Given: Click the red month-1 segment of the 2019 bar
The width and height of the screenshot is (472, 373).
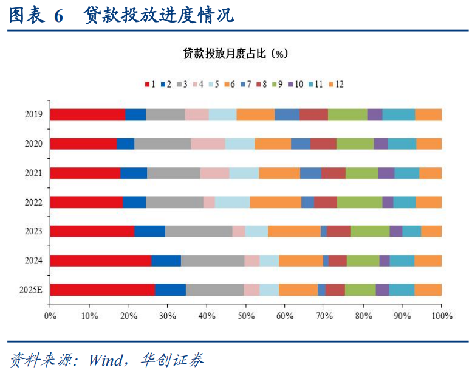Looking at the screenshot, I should coord(87,114).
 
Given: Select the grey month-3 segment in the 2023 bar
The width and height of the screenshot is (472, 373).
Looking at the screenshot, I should coord(199,231).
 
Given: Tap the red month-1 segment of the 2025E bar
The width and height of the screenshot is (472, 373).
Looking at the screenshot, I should coord(102,290).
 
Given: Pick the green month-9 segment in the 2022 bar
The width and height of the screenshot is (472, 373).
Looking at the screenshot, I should coord(360,202).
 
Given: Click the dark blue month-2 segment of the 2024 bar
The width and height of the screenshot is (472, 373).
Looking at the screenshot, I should coord(166,260).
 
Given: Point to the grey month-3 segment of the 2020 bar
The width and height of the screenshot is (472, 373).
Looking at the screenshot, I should coord(163,144).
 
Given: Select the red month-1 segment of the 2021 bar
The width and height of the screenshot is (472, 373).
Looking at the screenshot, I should coord(85,173).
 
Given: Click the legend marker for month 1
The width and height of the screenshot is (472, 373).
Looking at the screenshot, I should coord(147,84).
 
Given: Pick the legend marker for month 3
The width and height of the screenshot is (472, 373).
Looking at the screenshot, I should coord(179,84).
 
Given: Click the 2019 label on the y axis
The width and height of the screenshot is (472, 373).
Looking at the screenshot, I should coord(33,114).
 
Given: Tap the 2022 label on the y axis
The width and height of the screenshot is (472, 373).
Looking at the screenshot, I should coord(33,202).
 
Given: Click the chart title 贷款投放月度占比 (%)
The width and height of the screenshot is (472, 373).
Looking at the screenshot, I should coord(236,54).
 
